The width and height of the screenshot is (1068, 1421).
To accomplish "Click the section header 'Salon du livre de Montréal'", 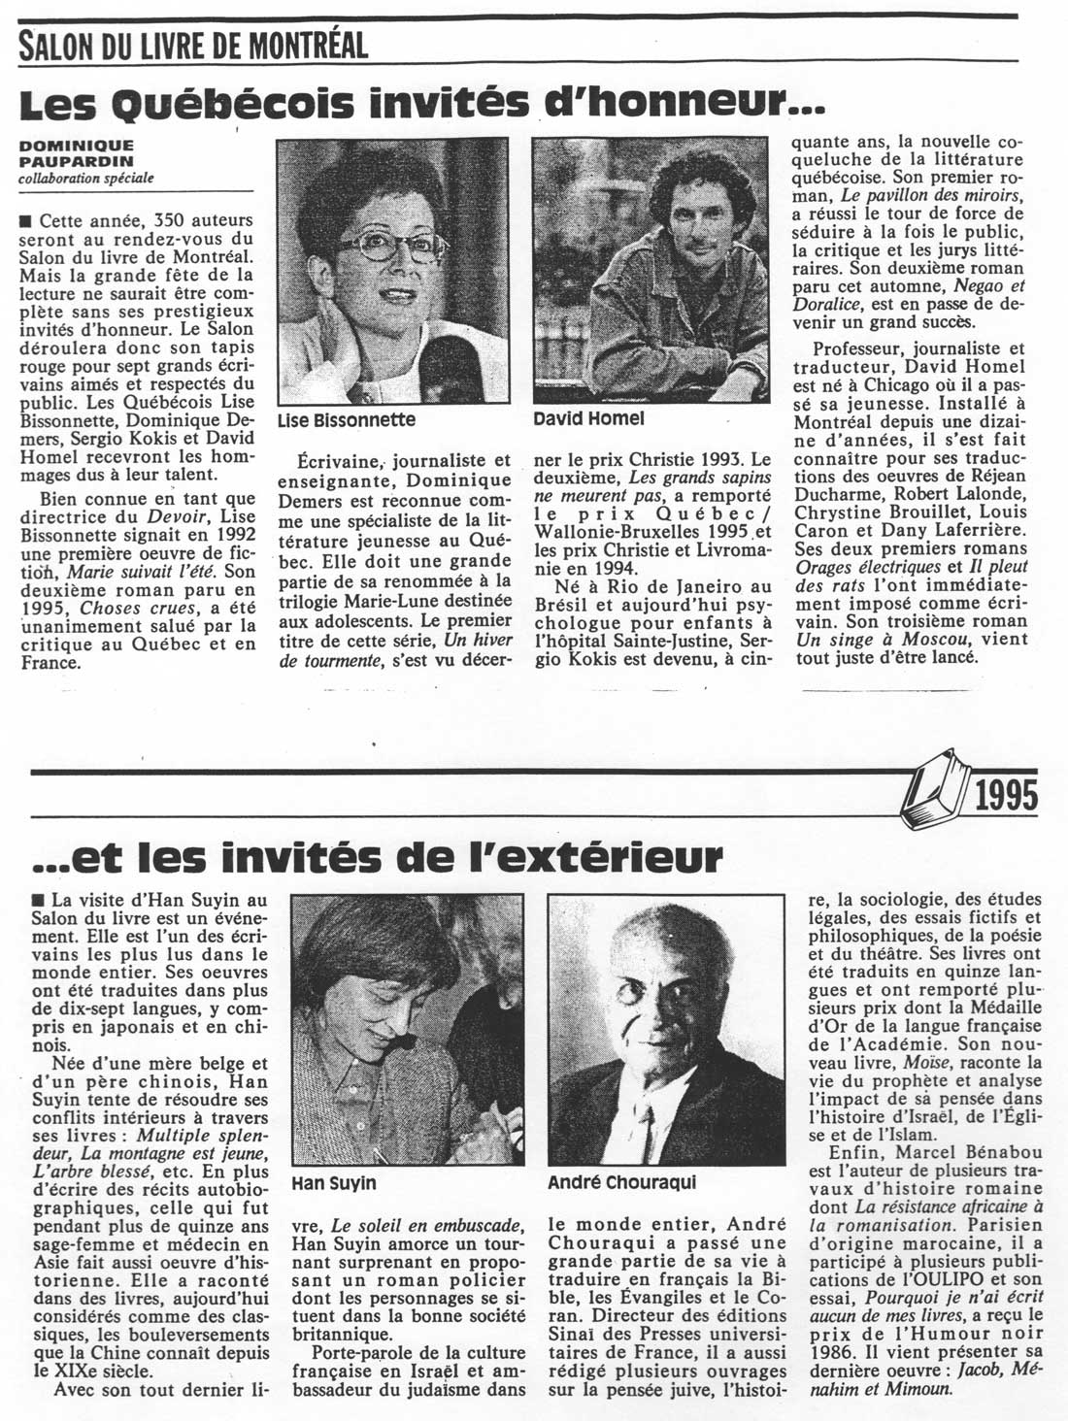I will coord(193,44).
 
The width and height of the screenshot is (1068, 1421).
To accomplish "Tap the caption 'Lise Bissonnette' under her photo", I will coord(346,420).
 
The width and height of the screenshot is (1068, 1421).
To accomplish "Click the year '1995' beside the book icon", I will coord(1005,796).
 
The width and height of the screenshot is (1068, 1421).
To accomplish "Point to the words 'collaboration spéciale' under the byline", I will coord(87,178).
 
